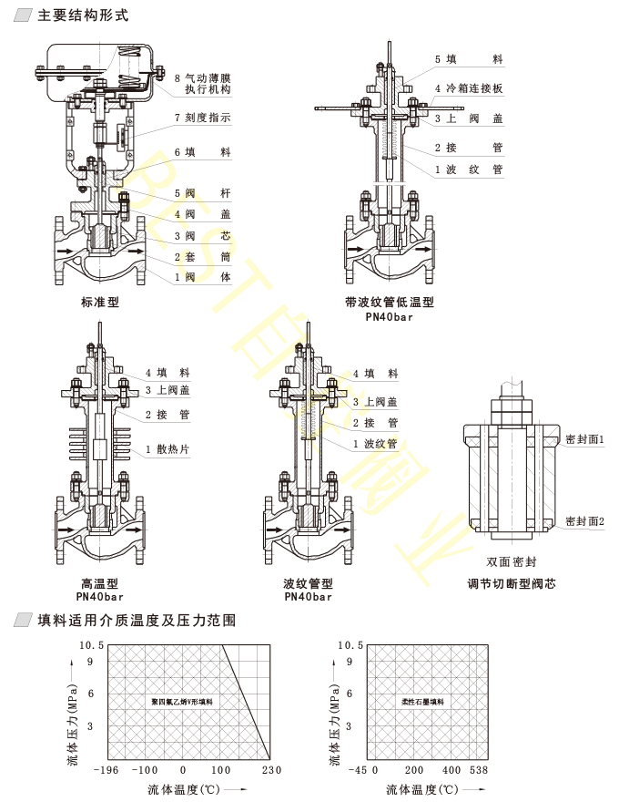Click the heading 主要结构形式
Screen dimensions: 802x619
[83, 16]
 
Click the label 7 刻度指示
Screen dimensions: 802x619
[202, 118]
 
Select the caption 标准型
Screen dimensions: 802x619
[100, 302]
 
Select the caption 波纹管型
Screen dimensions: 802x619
[308, 583]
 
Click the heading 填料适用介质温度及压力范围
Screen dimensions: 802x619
[137, 621]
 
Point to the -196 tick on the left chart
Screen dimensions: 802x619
[107, 771]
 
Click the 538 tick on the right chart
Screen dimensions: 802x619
[478, 771]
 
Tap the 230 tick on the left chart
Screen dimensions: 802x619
[270, 771]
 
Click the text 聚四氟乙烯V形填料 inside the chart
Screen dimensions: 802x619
[183, 703]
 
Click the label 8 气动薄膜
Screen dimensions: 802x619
[202, 78]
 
